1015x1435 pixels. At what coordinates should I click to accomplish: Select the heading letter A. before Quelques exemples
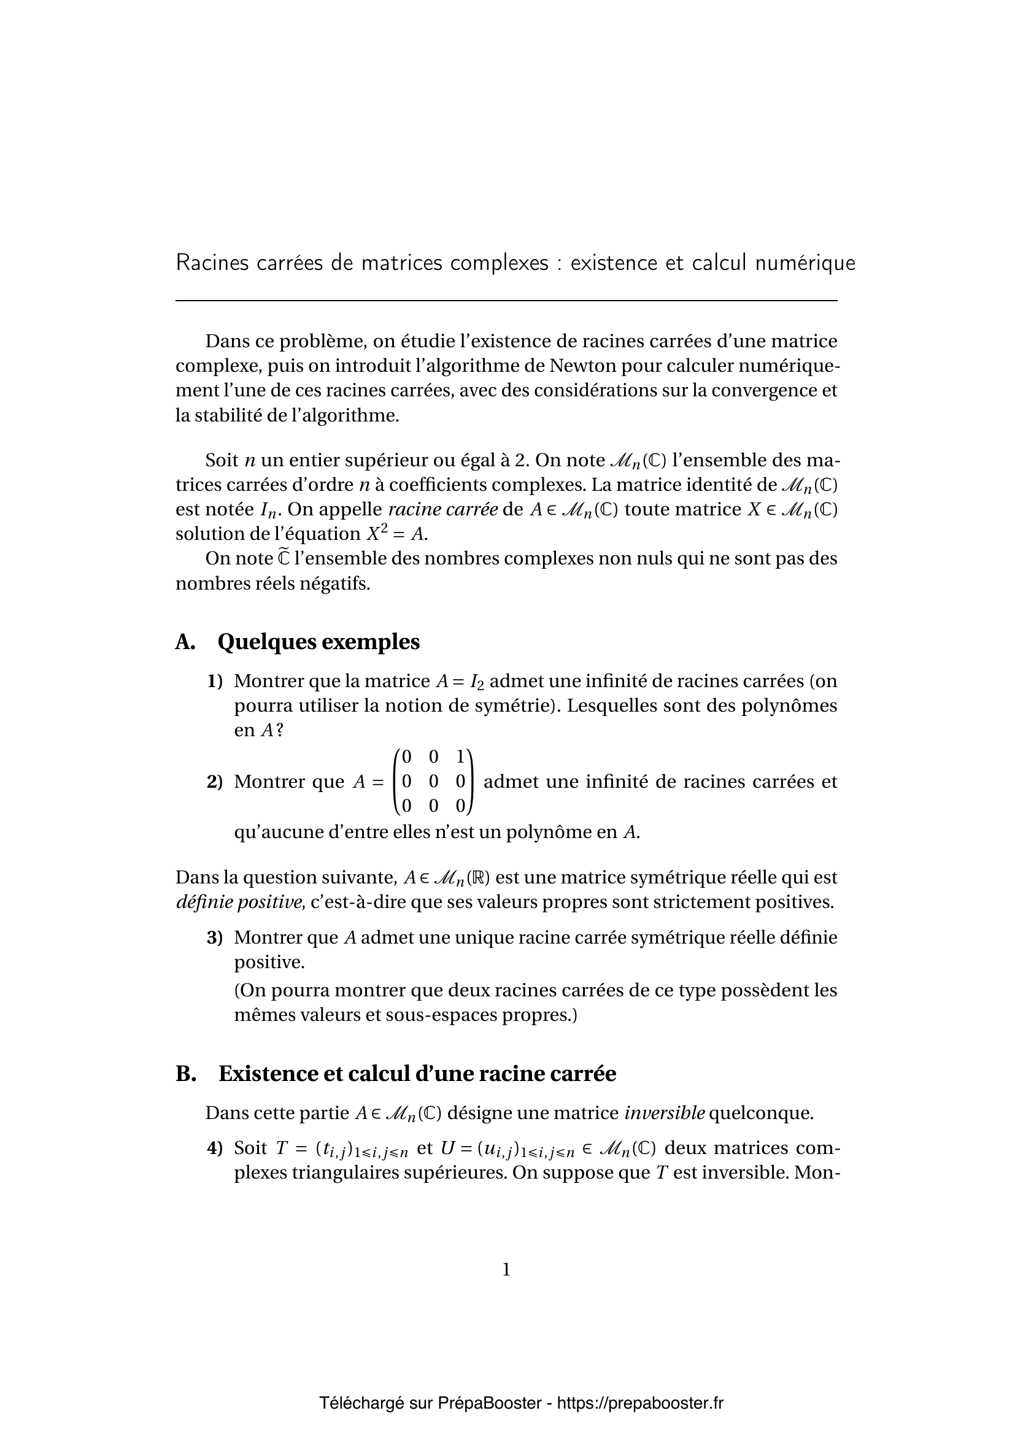coord(185,642)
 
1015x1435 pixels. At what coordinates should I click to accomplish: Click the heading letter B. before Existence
coord(185,1074)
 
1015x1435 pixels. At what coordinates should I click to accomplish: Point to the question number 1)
coord(215,680)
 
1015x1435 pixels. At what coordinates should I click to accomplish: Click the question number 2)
coord(215,782)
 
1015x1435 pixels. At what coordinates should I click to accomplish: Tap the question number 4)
coord(215,1148)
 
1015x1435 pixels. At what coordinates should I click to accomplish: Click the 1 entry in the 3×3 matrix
coord(460,757)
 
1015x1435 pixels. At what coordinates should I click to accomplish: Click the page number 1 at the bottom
coord(506,1269)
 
